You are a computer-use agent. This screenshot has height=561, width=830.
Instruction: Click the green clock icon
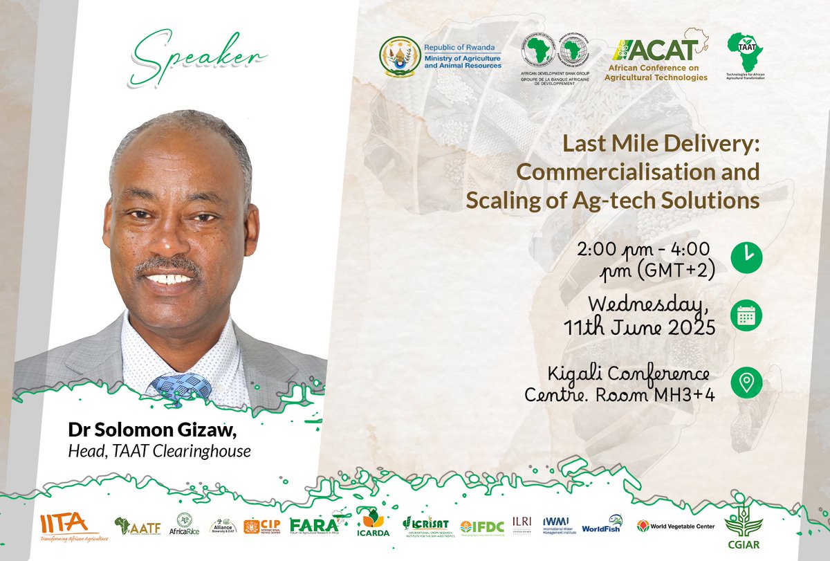[746, 257]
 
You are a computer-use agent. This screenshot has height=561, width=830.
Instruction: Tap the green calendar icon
[746, 315]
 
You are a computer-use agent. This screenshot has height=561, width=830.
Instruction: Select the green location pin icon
[746, 382]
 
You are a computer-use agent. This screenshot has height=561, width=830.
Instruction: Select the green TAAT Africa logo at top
[746, 53]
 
